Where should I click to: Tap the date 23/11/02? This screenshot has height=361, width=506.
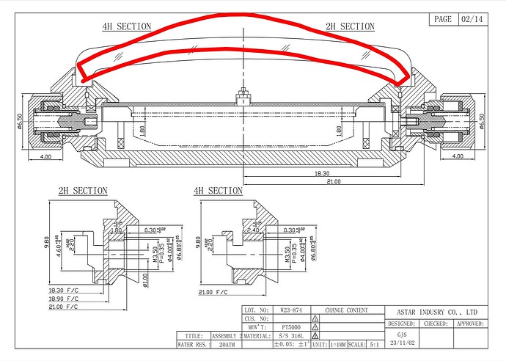tap(401, 342)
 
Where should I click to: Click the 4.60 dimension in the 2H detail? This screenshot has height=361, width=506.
tap(63, 236)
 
